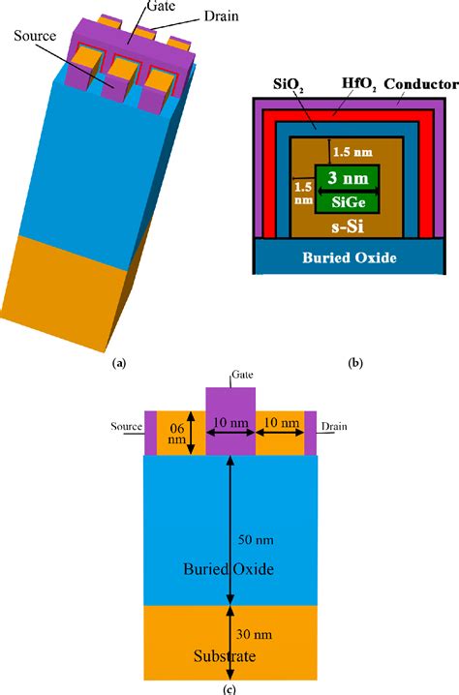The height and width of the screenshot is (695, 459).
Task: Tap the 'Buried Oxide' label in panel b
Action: coord(350,258)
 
